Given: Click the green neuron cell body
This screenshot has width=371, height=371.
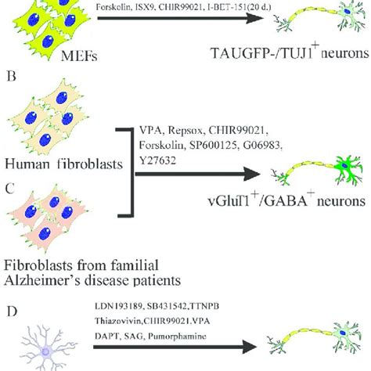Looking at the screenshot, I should pos(344,170).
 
